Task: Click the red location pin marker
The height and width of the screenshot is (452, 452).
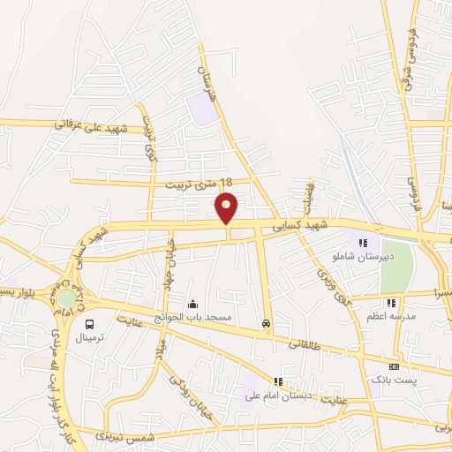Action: (x=227, y=207)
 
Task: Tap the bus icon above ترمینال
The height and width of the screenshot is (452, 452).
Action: (x=89, y=323)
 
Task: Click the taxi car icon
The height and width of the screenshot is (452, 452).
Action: (x=266, y=324)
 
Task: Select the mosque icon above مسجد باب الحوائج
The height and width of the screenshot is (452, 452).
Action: (x=192, y=304)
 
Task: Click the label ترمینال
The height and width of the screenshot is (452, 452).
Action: (x=89, y=337)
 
